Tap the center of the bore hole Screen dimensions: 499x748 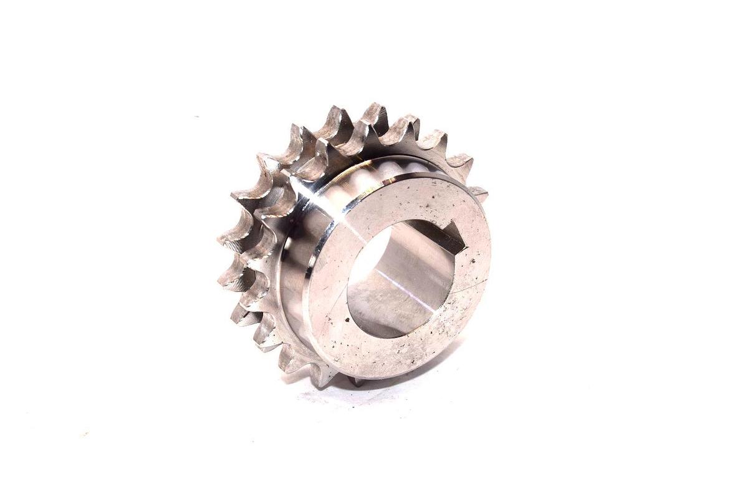pos(402,278)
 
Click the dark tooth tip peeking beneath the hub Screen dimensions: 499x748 pos(357,382)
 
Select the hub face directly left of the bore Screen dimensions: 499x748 pos(327,281)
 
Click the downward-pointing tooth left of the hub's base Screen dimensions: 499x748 pos(324,374)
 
